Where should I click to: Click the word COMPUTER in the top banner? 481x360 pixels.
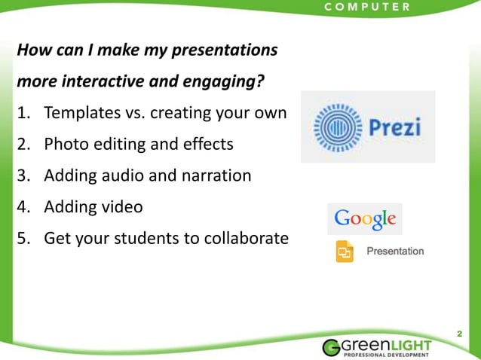point(366,7)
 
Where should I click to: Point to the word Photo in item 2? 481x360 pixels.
point(66,144)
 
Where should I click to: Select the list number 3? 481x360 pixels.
point(23,175)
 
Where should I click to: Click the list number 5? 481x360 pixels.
point(23,238)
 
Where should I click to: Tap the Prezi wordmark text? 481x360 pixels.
point(394,126)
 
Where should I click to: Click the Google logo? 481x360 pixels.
point(365,219)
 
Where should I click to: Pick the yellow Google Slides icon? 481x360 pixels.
point(345,251)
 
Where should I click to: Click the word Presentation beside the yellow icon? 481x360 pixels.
point(395,251)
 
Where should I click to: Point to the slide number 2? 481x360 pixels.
point(459,332)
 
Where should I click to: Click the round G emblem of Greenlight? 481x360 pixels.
point(333,347)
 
